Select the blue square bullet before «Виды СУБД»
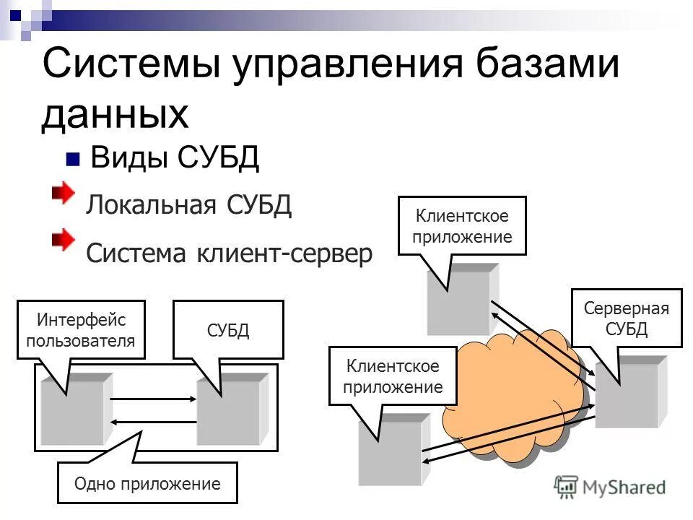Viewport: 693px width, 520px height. pyautogui.click(x=72, y=160)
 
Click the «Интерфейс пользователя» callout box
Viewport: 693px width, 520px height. pyautogui.click(x=80, y=329)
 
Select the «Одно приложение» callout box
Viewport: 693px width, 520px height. pyautogui.click(x=147, y=483)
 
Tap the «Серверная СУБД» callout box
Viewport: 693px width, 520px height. pyautogui.click(x=626, y=318)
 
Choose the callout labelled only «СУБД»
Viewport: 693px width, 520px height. pyautogui.click(x=228, y=330)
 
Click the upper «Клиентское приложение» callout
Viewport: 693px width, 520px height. pyautogui.click(x=462, y=225)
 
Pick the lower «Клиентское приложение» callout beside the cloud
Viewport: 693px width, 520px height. pyautogui.click(x=393, y=376)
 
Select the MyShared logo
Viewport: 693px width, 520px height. pyautogui.click(x=610, y=486)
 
